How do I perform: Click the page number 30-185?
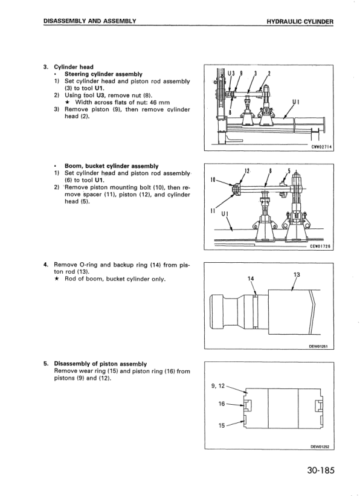point(320,471)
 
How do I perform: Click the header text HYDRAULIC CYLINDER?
point(300,22)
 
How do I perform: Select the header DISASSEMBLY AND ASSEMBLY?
point(90,21)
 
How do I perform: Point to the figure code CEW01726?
point(320,246)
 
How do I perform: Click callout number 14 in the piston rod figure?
point(250,279)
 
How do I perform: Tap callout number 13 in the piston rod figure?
point(297,274)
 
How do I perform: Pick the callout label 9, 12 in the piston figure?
point(217,386)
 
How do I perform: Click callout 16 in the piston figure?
point(222,404)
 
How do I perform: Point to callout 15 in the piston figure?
point(222,425)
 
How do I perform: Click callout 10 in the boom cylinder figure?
point(213,179)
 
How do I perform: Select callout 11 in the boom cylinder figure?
point(213,210)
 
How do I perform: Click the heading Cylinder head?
point(74,67)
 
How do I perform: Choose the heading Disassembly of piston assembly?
point(100,364)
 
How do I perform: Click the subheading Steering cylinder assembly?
point(103,74)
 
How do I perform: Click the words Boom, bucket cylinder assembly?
point(111,166)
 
